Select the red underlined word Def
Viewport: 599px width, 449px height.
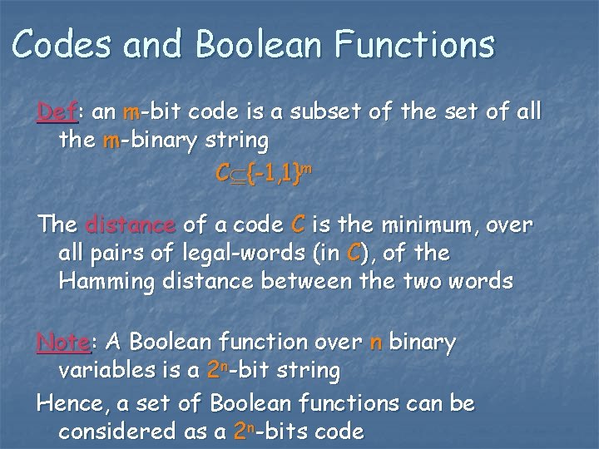(57, 112)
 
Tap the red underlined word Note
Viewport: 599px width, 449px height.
(63, 342)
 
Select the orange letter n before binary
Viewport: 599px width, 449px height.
(376, 342)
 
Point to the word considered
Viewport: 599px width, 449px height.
(112, 432)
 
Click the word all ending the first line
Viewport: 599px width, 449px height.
(523, 112)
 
